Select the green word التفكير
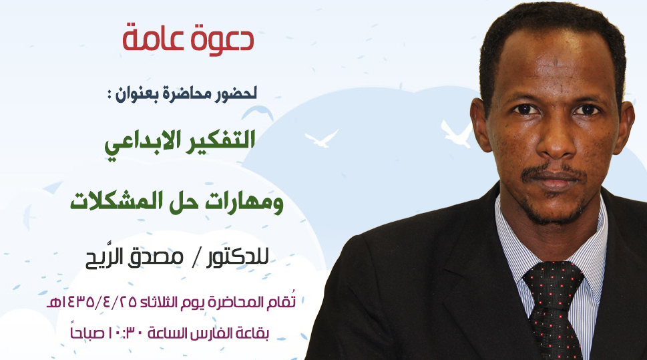[x=222, y=140]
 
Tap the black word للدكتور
[x=237, y=257]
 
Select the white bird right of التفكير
[x=321, y=139]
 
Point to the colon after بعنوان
[x=110, y=96]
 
